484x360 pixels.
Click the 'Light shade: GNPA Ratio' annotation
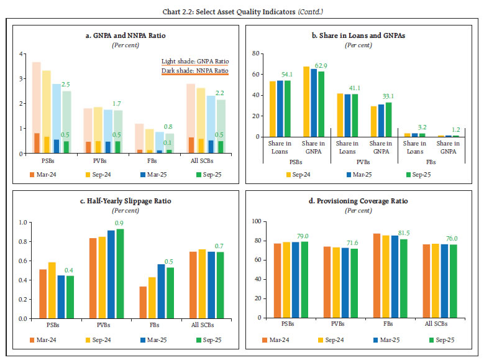tap(194, 61)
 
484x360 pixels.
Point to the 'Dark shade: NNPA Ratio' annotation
tap(194, 72)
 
